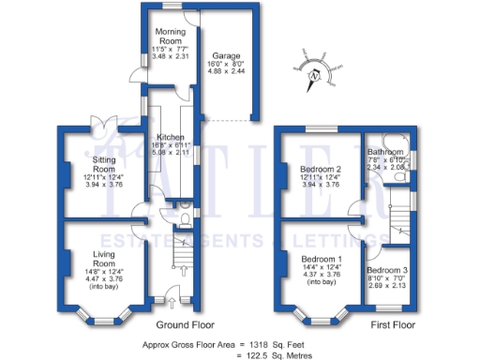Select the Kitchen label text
tap(170, 137)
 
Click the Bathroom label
tap(385, 152)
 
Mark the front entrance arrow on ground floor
tap(171, 304)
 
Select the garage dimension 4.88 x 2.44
tap(222, 69)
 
